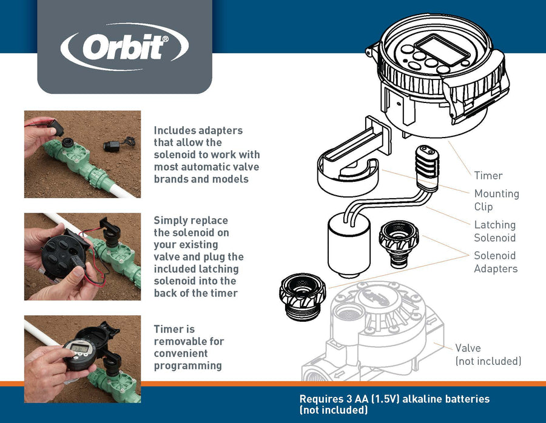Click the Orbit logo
(x=124, y=47)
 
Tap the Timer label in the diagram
(x=488, y=176)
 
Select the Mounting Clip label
(x=496, y=200)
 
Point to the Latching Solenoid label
(x=494, y=231)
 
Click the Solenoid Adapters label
(x=494, y=262)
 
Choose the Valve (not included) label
(x=488, y=355)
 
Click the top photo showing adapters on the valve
(x=82, y=154)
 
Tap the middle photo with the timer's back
(x=82, y=256)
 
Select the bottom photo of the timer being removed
(x=82, y=359)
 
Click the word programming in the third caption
(x=187, y=365)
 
